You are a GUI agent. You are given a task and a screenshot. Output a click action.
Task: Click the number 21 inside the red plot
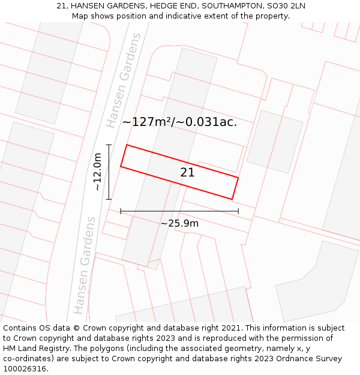point(187,173)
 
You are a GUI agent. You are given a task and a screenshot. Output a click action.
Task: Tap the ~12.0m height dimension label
point(97,172)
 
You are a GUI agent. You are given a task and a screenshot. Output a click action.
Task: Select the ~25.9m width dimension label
point(179,223)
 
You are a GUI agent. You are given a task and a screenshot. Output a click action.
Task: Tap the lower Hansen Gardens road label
point(85,265)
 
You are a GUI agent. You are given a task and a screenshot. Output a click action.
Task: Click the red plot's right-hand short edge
point(235,188)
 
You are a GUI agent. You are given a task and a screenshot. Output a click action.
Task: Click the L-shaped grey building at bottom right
point(317,282)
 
